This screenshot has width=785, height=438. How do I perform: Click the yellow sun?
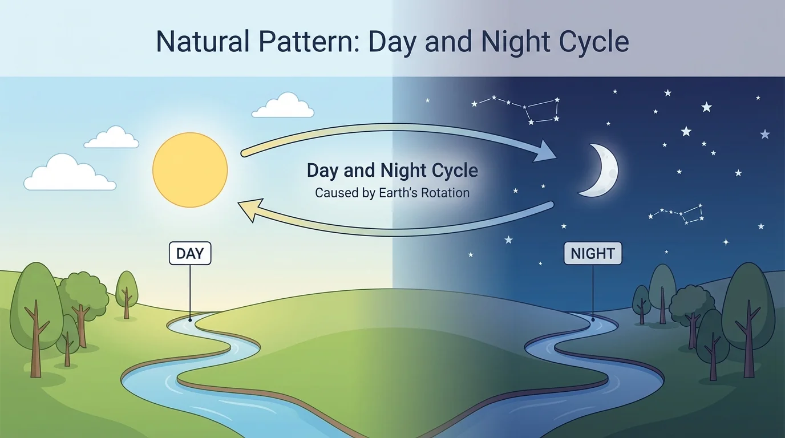click(190, 169)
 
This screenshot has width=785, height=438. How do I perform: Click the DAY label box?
click(190, 253)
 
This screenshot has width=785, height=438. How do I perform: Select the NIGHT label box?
click(593, 253)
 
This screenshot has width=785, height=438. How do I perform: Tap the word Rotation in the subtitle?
click(445, 193)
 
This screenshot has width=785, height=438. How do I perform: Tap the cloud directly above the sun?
click(283, 107)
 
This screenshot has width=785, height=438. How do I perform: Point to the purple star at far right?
click(765, 134)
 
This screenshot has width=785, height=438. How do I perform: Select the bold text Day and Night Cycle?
click(392, 171)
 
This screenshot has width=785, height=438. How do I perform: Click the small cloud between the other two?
click(112, 138)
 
